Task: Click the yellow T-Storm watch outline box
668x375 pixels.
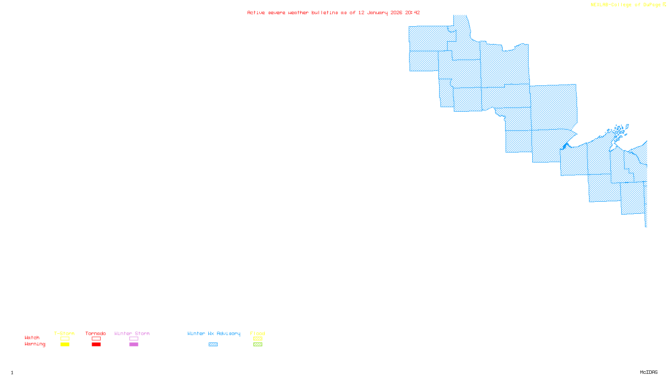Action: point(65,339)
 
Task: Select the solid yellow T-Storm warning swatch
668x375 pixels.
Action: point(65,345)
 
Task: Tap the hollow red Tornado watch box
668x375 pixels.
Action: point(96,339)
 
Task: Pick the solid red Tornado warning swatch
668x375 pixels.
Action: point(96,345)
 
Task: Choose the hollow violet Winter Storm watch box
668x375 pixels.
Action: point(134,339)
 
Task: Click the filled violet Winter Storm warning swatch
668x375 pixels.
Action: point(134,345)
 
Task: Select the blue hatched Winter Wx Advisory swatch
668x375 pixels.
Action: point(213,345)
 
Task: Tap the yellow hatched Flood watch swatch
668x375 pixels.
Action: point(258,339)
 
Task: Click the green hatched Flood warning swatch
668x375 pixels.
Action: point(258,345)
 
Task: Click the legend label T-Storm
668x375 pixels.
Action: point(64,333)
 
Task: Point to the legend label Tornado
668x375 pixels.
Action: point(96,333)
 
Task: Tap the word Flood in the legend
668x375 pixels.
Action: point(258,333)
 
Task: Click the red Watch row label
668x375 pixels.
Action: point(32,338)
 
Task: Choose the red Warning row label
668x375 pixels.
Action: point(35,344)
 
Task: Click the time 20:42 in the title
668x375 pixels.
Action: point(412,12)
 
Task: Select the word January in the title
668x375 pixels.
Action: point(377,12)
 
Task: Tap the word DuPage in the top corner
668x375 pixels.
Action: point(652,5)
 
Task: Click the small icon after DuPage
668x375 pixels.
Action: point(664,5)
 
